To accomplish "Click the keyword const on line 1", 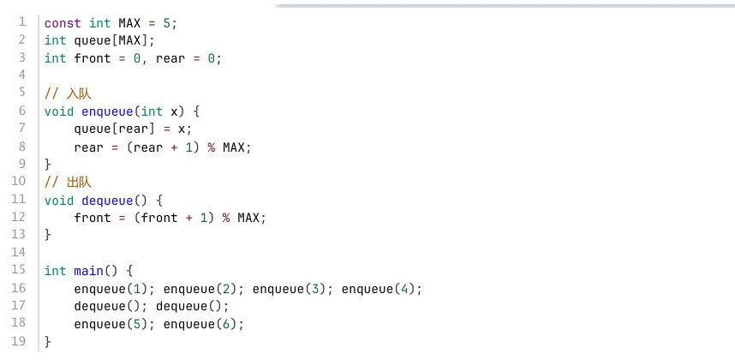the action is (x=63, y=23).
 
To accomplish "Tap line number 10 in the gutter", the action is (x=18, y=181).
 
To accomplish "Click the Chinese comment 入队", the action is (x=79, y=93).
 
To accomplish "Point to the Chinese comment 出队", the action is (x=79, y=183).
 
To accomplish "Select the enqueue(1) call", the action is (x=111, y=289).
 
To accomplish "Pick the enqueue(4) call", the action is (x=379, y=289).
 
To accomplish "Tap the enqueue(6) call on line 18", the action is (x=200, y=324).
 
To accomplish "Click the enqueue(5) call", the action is (x=111, y=324).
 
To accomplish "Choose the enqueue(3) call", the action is (x=290, y=289).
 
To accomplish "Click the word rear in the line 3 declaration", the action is (x=170, y=58).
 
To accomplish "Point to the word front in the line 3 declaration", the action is (x=93, y=58).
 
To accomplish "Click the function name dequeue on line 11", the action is (x=107, y=201).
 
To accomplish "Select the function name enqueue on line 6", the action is (x=107, y=111).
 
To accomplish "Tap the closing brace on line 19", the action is (x=47, y=342).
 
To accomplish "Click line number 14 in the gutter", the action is (x=18, y=252).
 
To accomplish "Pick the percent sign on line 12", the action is (x=226, y=218).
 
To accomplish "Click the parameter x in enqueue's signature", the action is (x=175, y=111).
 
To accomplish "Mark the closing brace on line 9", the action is (x=47, y=164).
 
